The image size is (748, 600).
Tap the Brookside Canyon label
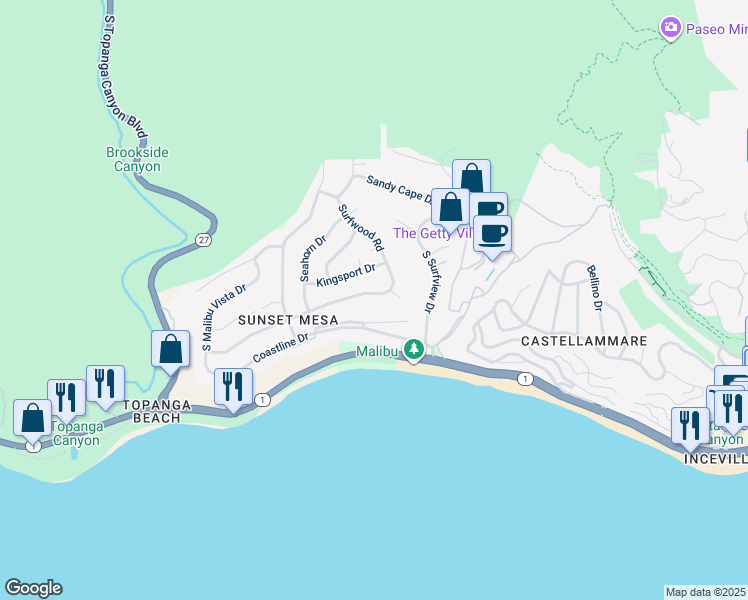point(133,159)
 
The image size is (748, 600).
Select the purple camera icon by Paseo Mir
point(672,28)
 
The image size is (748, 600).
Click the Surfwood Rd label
point(361,228)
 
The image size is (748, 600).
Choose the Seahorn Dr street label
point(306,259)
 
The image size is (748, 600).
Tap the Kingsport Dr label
point(345,275)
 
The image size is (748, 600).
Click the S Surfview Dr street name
point(429,283)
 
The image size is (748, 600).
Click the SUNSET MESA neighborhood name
point(288,319)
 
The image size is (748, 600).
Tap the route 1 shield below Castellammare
point(523,378)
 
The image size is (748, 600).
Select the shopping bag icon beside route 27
point(171,349)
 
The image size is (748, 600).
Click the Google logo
point(33,588)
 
